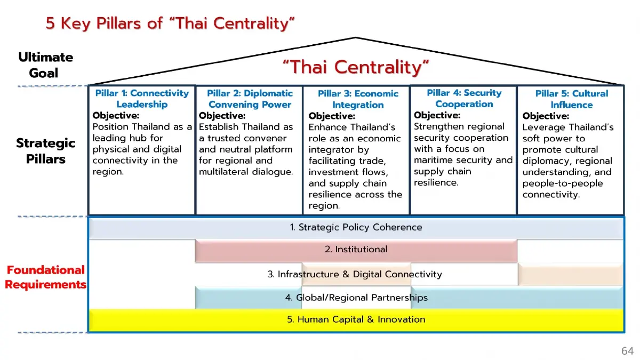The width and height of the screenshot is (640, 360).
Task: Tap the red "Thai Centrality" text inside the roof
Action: tap(356, 67)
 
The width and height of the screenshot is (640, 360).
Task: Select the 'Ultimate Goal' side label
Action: tap(45, 65)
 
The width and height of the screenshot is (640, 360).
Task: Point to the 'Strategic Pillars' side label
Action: tap(45, 150)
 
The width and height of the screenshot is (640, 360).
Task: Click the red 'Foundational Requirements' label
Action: tap(45, 277)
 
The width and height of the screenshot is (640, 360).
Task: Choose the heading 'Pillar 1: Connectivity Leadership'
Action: tap(142, 99)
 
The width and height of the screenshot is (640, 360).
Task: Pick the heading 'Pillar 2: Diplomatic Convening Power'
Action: tap(250, 99)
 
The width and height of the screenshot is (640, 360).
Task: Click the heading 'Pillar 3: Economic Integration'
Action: tap(358, 99)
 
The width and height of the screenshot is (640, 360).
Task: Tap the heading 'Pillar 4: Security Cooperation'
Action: tap(464, 98)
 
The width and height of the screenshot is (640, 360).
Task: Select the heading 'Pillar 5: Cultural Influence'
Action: tap(571, 99)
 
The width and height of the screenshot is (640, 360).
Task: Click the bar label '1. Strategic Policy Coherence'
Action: tap(356, 227)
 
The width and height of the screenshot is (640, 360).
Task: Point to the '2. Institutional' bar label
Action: tap(356, 250)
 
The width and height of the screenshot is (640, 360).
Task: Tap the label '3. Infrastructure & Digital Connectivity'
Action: tap(355, 274)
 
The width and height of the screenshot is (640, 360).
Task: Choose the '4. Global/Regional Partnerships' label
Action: tap(356, 298)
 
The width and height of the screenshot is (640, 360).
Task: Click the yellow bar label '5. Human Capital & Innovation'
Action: tap(356, 319)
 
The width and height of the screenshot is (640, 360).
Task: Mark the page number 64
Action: tap(627, 350)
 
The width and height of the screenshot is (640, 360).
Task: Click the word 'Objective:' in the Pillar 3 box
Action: tap(331, 116)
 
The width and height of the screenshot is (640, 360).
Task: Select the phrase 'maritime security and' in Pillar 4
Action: tap(463, 160)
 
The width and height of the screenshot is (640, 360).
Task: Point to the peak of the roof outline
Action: tap(356, 38)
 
